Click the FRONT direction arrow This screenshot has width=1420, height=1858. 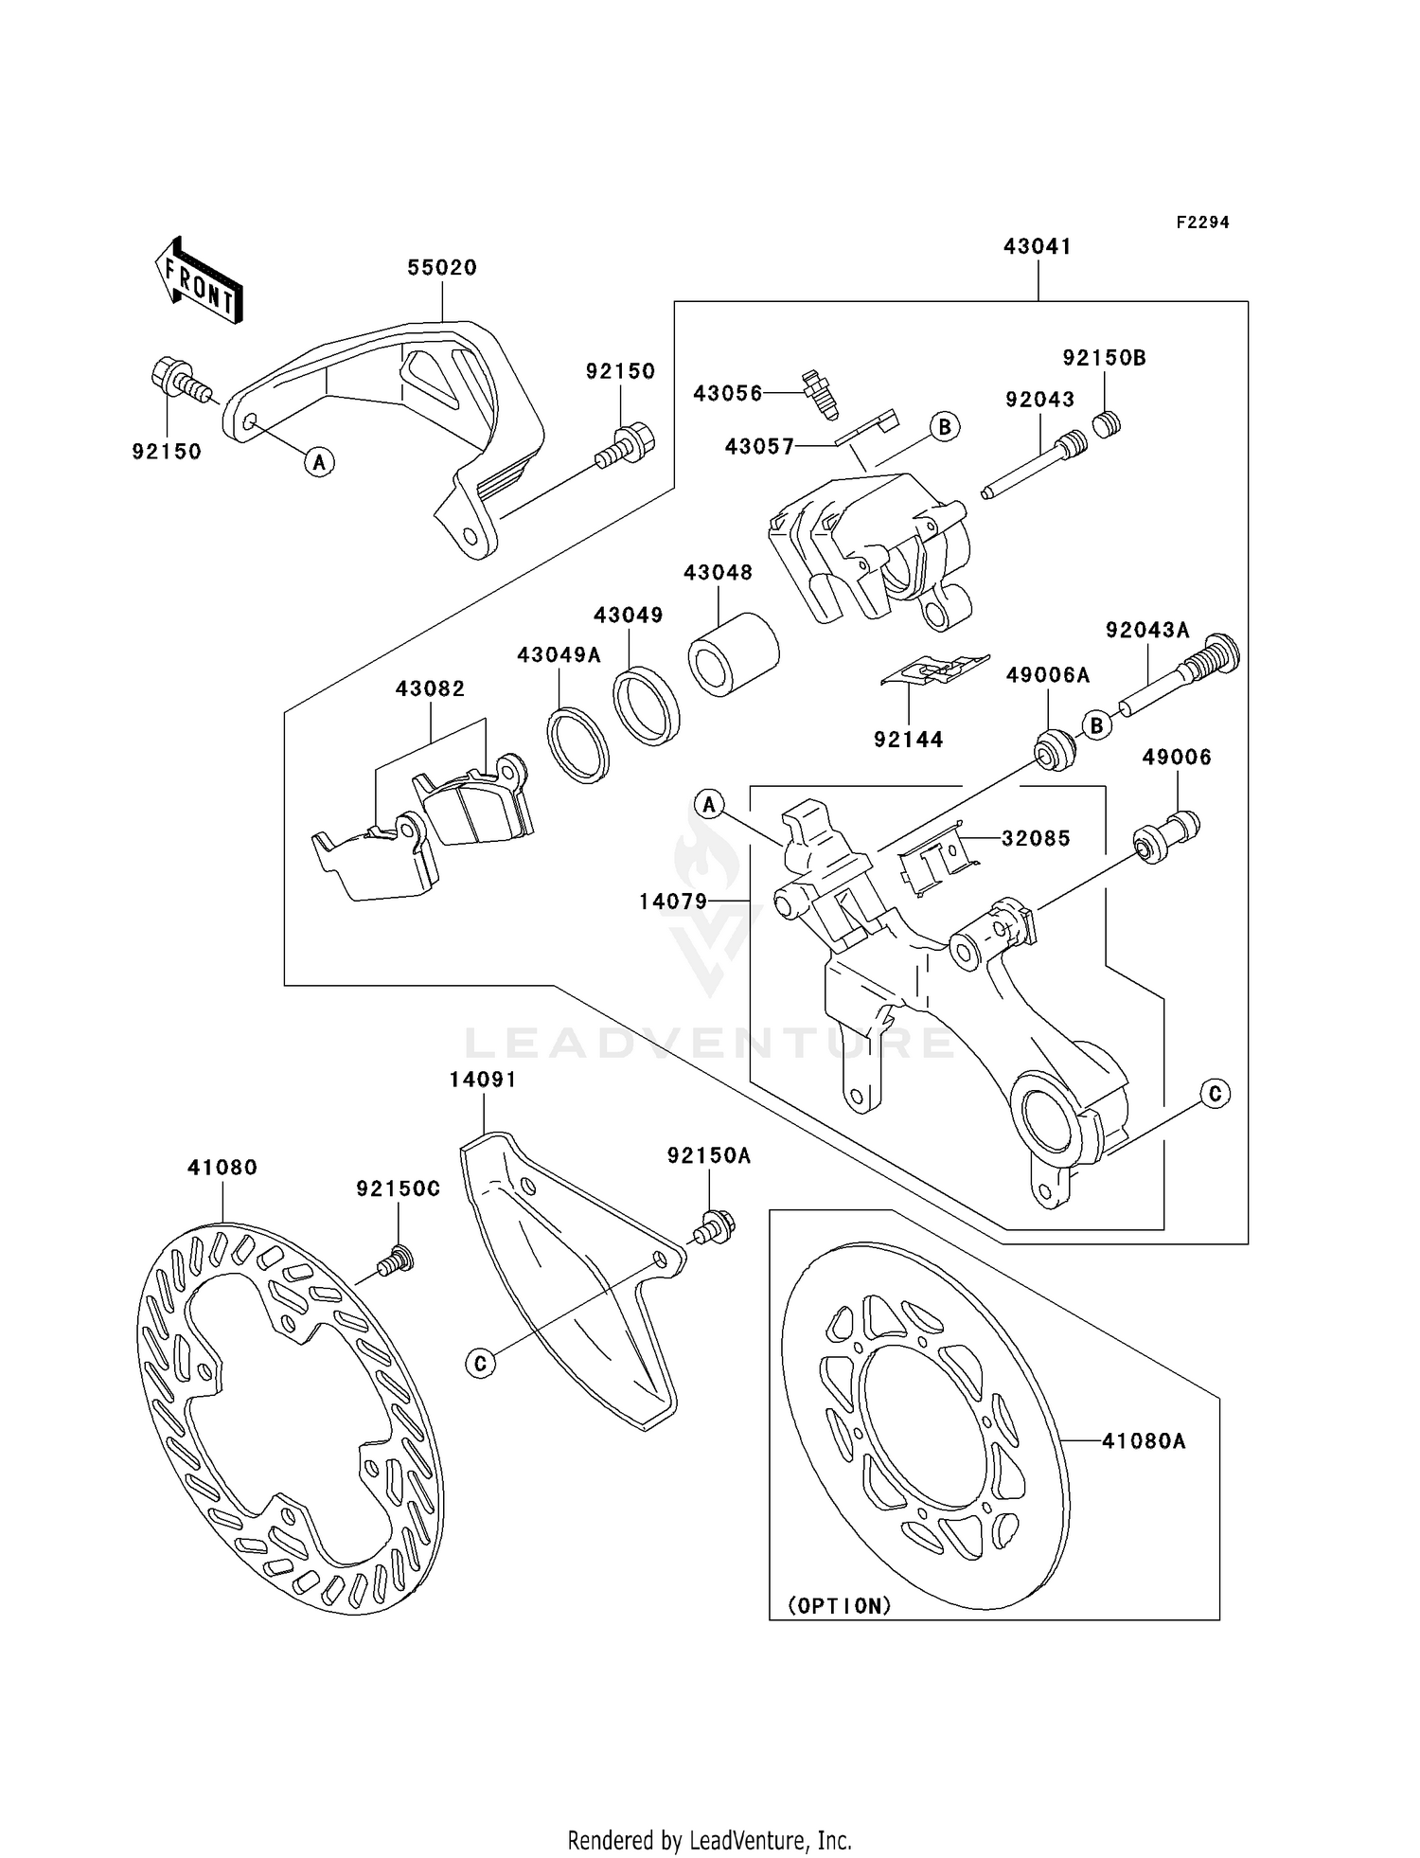tap(200, 281)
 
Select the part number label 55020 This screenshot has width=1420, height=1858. tap(442, 268)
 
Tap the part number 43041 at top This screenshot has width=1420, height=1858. tap(1038, 246)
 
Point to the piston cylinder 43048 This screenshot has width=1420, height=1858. tap(733, 654)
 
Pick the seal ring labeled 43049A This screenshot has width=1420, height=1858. tap(577, 744)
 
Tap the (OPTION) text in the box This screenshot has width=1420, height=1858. tap(840, 1606)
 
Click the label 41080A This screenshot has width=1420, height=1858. tap(1144, 1441)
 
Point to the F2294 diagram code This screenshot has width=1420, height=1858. tap(1202, 223)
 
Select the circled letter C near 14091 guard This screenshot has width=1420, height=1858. tap(481, 1363)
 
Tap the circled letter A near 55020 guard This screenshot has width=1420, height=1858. tap(320, 462)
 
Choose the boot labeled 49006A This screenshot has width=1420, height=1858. tap(1053, 751)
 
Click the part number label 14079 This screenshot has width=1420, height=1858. tap(673, 902)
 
